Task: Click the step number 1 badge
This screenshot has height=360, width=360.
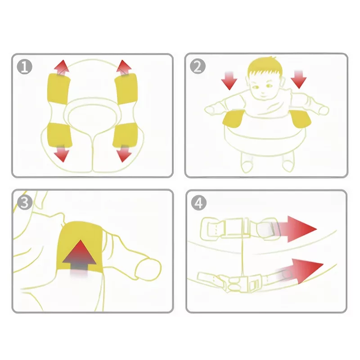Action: [x=25, y=67]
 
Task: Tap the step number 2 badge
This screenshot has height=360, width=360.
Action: [x=198, y=66]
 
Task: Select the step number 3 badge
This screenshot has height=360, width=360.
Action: [x=25, y=202]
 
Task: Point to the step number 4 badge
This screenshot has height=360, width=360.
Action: [x=198, y=203]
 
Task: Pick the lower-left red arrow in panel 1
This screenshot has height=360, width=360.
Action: [x=62, y=153]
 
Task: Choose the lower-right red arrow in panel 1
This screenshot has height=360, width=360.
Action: [x=124, y=153]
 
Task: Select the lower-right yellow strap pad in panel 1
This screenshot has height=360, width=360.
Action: [x=125, y=135]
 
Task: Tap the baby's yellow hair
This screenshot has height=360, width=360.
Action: [x=265, y=67]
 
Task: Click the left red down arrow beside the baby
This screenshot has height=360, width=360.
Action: [x=229, y=81]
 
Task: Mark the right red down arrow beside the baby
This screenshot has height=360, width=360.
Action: [x=298, y=80]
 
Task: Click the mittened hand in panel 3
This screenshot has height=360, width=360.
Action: [x=148, y=269]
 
